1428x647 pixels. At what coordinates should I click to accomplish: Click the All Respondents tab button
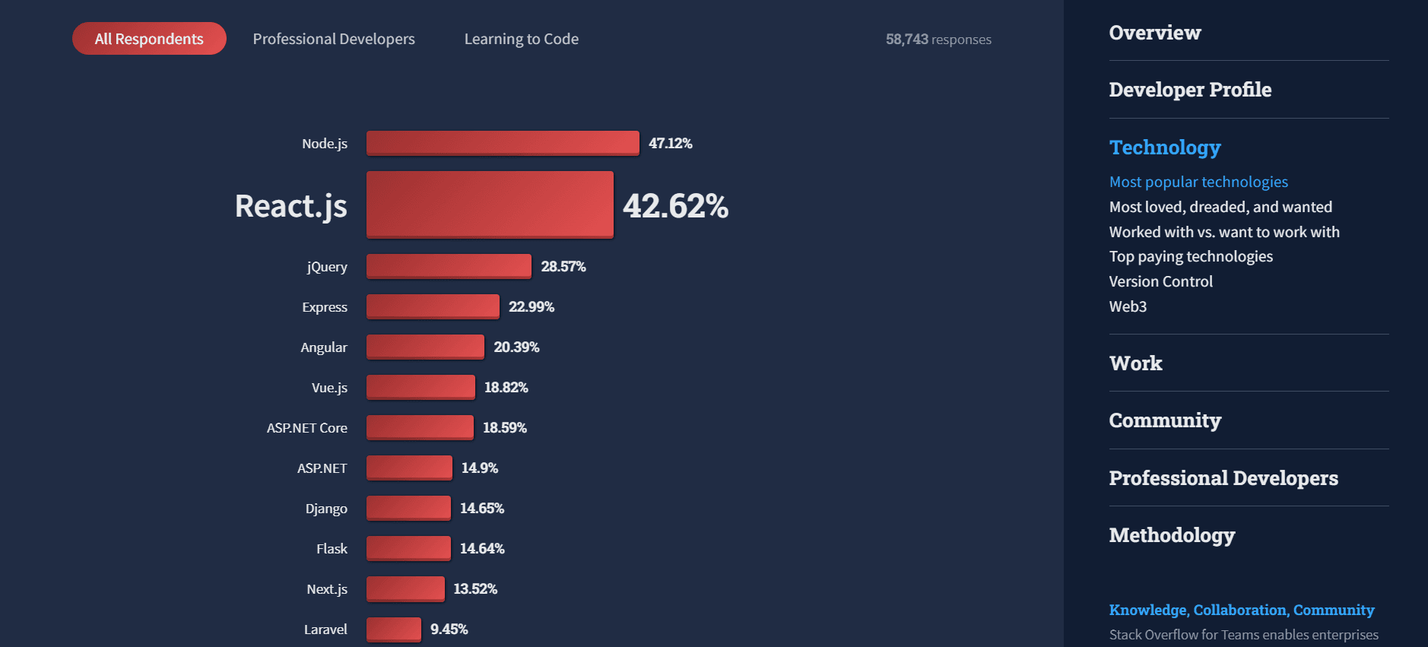click(149, 39)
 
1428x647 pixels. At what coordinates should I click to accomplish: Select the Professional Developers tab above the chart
click(334, 39)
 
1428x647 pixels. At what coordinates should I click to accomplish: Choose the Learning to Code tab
click(522, 39)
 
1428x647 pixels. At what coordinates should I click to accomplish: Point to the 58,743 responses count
click(938, 40)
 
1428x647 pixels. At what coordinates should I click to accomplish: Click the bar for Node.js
click(503, 143)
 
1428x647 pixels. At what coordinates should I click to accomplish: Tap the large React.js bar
click(490, 205)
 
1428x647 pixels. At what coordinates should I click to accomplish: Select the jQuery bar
click(449, 266)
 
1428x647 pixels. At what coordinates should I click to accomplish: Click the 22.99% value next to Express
click(532, 306)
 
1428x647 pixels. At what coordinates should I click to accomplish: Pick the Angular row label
click(324, 347)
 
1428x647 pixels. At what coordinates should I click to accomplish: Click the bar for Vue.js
click(420, 387)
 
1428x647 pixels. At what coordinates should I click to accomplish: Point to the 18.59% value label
click(505, 427)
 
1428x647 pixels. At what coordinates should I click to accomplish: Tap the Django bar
click(408, 508)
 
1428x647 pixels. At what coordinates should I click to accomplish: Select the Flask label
click(332, 549)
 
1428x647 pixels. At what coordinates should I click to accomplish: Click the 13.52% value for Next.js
click(475, 588)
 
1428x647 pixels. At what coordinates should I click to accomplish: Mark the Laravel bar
click(394, 629)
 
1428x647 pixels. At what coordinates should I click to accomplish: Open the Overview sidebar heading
click(1154, 33)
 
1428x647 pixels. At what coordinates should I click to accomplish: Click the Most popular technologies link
click(1198, 182)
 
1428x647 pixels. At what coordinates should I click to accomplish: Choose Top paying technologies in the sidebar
click(1191, 256)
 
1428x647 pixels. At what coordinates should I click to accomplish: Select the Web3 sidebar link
click(1128, 306)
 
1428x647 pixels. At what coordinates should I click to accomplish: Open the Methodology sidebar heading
click(1172, 535)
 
